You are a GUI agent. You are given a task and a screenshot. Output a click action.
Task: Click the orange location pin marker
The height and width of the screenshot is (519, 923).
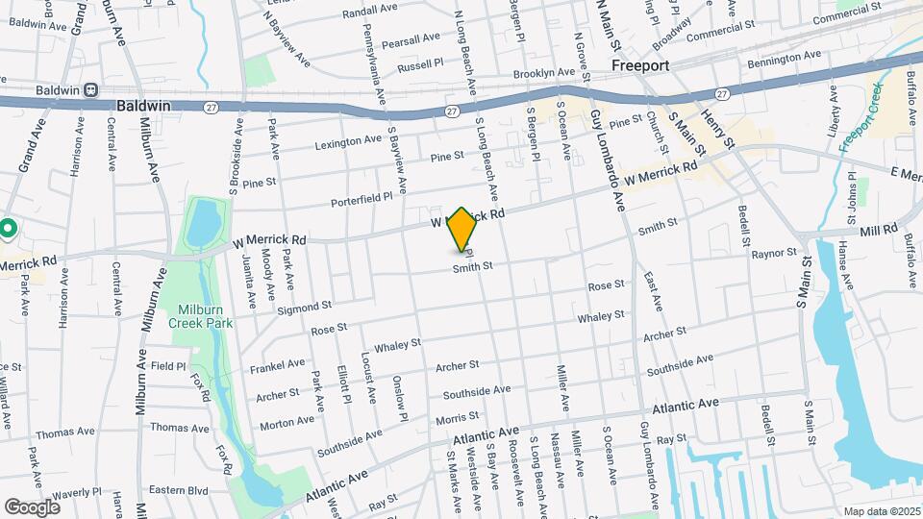coord(461,230)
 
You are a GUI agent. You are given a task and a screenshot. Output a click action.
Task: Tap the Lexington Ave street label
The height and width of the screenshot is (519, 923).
coord(349,140)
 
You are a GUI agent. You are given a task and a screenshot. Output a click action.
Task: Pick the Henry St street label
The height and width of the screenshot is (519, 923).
coord(717,129)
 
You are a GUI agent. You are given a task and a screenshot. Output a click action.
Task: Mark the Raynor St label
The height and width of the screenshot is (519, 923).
coord(774,254)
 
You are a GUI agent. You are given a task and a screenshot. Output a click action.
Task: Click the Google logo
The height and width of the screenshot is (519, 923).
coord(32,507)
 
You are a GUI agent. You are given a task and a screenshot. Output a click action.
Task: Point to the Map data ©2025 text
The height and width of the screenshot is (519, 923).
coord(881,511)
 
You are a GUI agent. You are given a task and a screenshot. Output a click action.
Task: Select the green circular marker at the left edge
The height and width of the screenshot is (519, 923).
coord(8,230)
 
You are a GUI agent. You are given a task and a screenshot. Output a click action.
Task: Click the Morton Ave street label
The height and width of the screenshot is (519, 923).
coord(287,420)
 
